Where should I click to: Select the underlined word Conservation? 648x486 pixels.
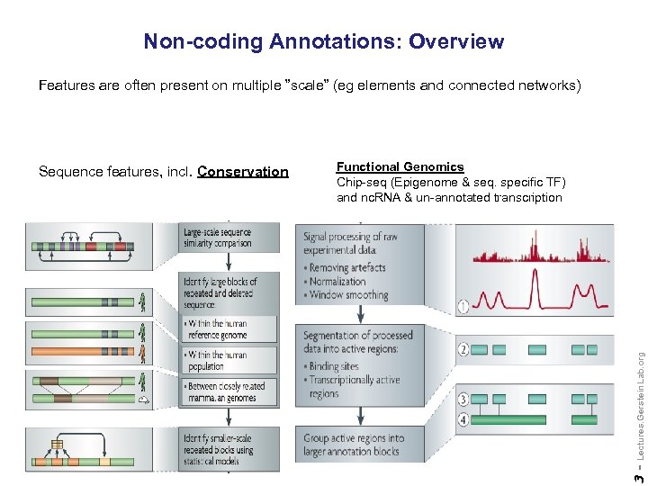click(x=243, y=172)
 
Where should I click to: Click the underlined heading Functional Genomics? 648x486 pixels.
click(x=400, y=166)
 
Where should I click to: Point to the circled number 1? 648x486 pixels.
click(x=463, y=307)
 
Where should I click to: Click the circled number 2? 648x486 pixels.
click(x=463, y=349)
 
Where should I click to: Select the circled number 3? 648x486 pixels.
click(x=463, y=398)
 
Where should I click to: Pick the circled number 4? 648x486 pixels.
click(x=463, y=418)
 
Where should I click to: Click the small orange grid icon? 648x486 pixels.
click(x=57, y=445)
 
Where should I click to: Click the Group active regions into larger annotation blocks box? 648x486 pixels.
click(x=355, y=445)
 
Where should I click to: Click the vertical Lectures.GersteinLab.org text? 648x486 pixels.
click(x=639, y=405)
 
